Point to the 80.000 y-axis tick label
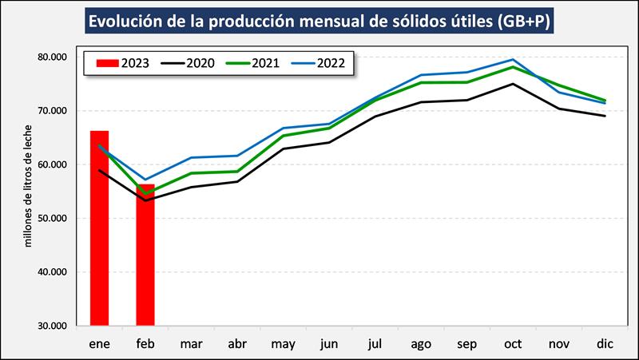(52, 57)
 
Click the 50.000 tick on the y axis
(52, 218)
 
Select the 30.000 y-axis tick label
(52, 326)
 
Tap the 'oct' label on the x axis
(513, 343)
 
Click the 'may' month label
(284, 343)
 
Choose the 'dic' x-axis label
(605, 343)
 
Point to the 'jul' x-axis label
(375, 343)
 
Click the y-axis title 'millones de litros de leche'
(28, 185)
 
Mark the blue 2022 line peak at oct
(513, 60)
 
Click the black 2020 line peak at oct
(513, 84)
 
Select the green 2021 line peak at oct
(513, 67)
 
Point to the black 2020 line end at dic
(605, 117)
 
